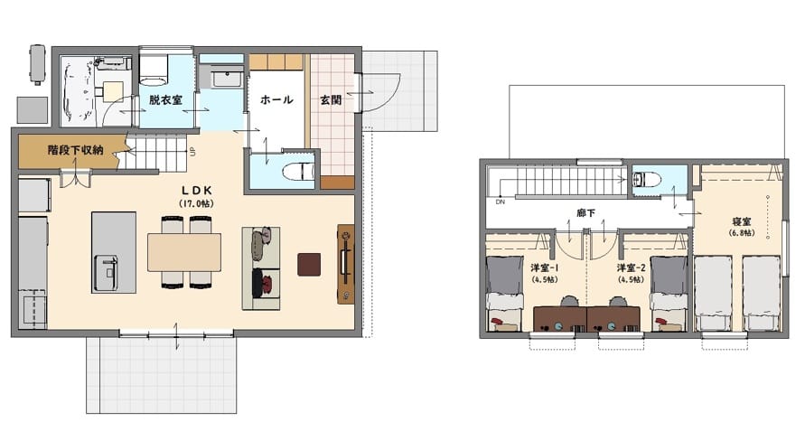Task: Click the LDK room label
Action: pyautogui.click(x=197, y=191)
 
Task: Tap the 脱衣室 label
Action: pyautogui.click(x=166, y=99)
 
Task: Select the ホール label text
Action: pyautogui.click(x=276, y=99)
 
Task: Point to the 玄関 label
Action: pyautogui.click(x=332, y=99)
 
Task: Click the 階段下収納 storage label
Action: pyautogui.click(x=76, y=150)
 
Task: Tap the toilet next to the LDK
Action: pyautogui.click(x=298, y=171)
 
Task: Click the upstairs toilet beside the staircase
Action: pyautogui.click(x=646, y=180)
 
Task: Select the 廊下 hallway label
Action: pyautogui.click(x=585, y=212)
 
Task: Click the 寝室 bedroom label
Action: pyautogui.click(x=742, y=221)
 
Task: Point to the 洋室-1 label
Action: pyautogui.click(x=545, y=267)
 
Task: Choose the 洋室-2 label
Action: pyautogui.click(x=631, y=267)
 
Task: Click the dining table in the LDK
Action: pyautogui.click(x=184, y=252)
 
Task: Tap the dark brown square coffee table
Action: pyautogui.click(x=309, y=265)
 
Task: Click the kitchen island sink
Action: pyautogui.click(x=106, y=272)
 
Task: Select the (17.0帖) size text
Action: pyautogui.click(x=197, y=204)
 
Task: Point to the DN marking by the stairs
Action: pyautogui.click(x=500, y=202)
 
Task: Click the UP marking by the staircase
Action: pyautogui.click(x=193, y=152)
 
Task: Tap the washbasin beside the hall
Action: pyautogui.click(x=227, y=79)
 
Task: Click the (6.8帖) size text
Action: pyautogui.click(x=742, y=233)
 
